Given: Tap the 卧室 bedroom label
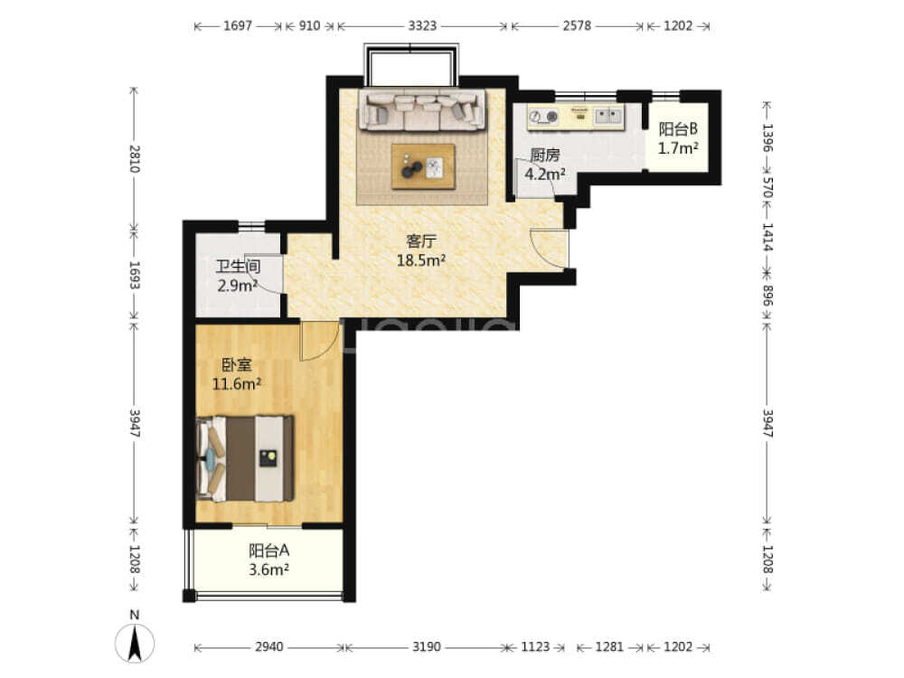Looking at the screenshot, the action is click(236, 365).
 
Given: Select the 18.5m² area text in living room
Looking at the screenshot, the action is click(421, 260).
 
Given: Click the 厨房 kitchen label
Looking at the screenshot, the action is click(545, 155).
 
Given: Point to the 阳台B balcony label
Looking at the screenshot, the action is click(678, 128).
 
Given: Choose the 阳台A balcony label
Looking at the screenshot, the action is click(268, 550).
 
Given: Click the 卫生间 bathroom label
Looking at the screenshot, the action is click(238, 267).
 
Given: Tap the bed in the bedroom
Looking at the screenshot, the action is click(245, 458).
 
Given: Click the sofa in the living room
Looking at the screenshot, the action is click(422, 109).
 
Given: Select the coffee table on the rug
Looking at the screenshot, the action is click(423, 166).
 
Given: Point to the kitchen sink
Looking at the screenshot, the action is click(608, 116).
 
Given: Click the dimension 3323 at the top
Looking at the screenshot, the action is click(422, 25).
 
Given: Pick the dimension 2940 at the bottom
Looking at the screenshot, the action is click(268, 647).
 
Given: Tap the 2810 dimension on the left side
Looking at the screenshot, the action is click(134, 158).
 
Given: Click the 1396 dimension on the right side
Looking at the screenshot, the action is click(767, 137).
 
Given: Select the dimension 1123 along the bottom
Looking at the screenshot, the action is click(535, 647).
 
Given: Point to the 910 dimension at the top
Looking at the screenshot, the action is click(309, 25).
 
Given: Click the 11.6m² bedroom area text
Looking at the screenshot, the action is click(236, 383).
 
